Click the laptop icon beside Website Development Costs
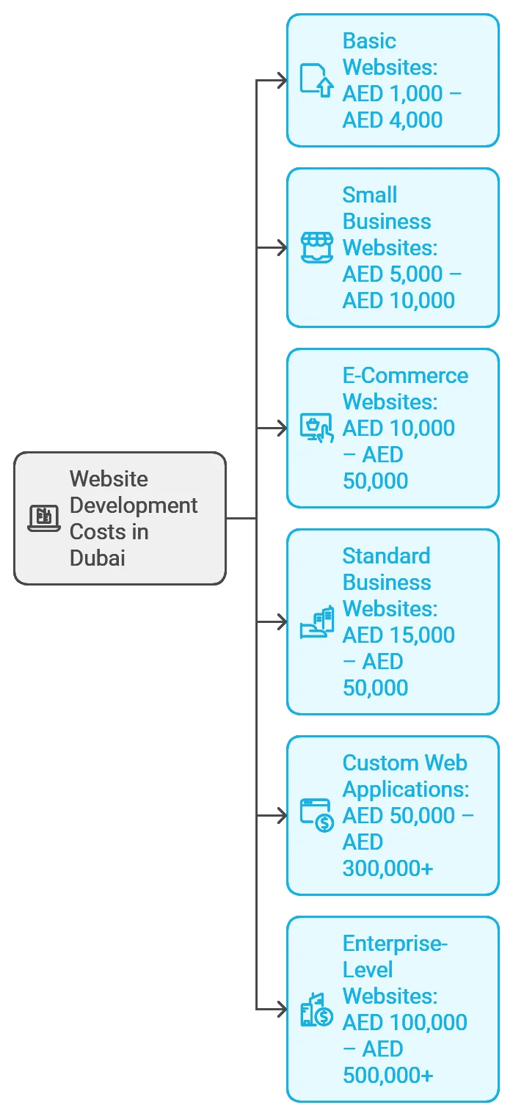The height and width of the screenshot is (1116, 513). (44, 518)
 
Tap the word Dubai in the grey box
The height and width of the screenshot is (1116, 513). (97, 558)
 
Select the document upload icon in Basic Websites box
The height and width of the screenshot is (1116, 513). (316, 80)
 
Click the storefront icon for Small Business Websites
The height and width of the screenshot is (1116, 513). (317, 247)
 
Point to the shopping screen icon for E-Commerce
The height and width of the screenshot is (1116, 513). (317, 428)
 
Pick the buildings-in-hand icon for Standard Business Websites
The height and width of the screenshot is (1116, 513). (317, 621)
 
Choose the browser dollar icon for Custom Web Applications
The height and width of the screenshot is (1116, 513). (317, 816)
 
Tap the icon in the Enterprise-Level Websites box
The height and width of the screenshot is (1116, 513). (317, 1010)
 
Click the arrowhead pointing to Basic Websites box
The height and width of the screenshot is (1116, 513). (282, 80)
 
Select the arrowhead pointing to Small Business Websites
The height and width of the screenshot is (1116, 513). (282, 247)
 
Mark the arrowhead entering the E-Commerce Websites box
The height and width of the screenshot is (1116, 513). (282, 428)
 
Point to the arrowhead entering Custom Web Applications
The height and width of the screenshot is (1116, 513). (282, 816)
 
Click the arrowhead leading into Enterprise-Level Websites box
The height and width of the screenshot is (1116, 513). (282, 1010)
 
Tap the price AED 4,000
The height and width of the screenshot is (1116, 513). (393, 120)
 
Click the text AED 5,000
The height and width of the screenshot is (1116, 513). (393, 274)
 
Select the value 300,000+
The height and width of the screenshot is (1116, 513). (388, 869)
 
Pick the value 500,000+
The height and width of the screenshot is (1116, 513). (388, 1075)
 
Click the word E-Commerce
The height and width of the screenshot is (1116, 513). (405, 376)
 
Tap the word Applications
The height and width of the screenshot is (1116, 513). (406, 789)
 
